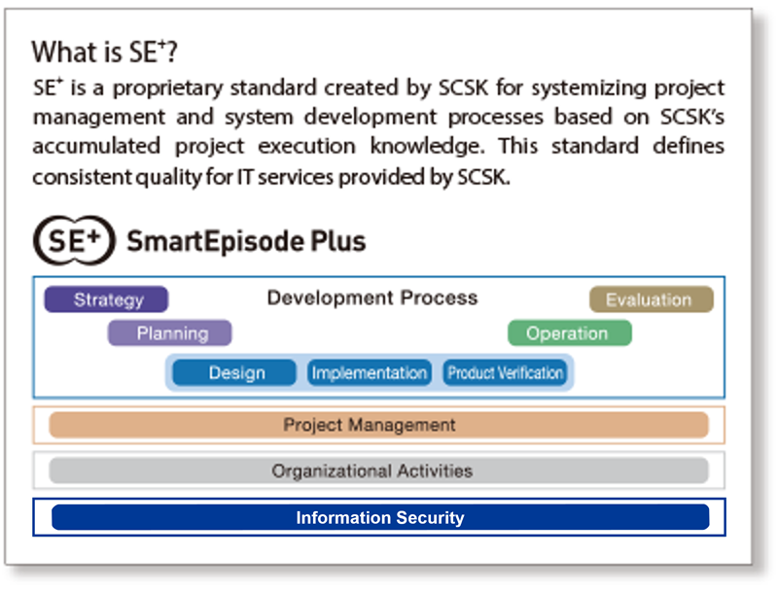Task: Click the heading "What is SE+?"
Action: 105,52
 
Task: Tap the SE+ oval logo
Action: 71,240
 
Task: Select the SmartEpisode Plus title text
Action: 246,240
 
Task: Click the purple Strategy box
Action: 107,299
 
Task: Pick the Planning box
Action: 170,333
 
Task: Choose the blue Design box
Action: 235,372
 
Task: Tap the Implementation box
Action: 369,372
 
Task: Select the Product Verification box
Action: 505,372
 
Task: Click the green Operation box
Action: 568,333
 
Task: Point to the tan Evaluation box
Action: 650,299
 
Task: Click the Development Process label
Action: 372,297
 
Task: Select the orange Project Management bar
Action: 378,425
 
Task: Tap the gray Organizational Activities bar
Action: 378,470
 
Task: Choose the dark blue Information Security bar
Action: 379,517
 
